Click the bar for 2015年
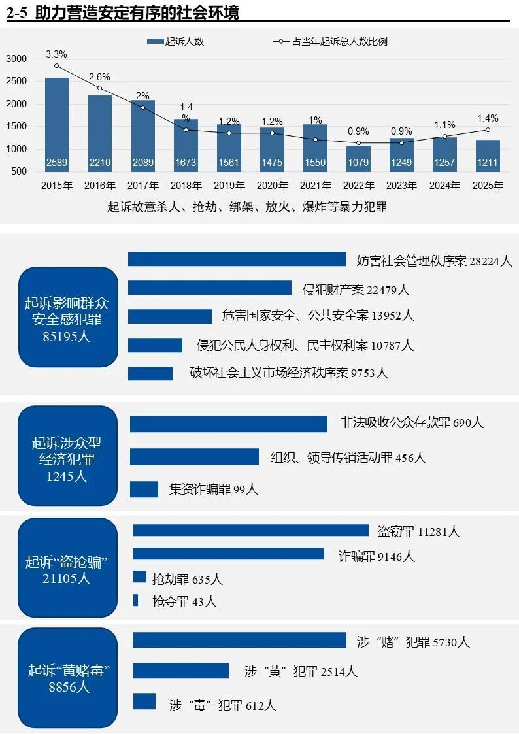[57, 124]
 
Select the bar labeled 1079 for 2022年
[358, 159]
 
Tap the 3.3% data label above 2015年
[56, 54]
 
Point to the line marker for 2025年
[488, 129]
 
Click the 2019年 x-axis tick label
[229, 186]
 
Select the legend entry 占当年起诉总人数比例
[329, 41]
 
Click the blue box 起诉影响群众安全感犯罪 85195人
[68, 316]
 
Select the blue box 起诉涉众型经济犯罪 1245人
[68, 456]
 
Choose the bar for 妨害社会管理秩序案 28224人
[237, 259]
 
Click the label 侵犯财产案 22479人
[356, 289]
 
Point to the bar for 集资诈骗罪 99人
[144, 489]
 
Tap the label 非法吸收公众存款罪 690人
[412, 423]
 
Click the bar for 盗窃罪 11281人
[251, 530]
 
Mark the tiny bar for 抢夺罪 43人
[135, 600]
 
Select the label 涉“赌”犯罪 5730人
[413, 642]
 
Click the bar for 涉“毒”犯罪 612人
[144, 701]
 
